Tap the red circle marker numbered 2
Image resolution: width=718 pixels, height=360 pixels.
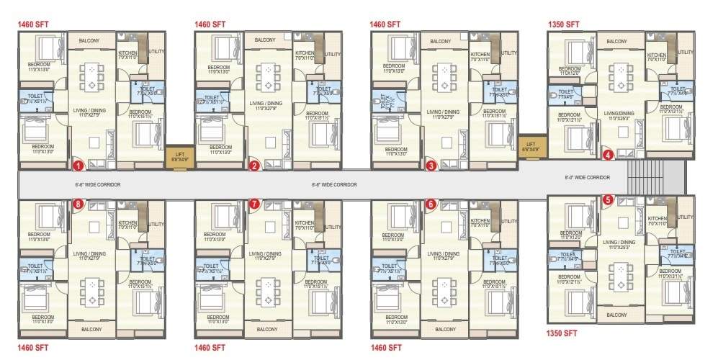[254, 166]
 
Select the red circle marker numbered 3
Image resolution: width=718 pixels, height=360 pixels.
[431, 166]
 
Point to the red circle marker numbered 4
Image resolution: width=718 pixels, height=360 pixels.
[608, 154]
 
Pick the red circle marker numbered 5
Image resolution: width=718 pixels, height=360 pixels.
[608, 200]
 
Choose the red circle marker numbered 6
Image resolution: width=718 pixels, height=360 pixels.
[431, 204]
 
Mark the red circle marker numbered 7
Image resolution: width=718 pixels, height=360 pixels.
[254, 204]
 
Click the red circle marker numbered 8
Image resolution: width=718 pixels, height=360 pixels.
[78, 204]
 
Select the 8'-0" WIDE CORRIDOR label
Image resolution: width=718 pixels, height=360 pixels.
[588, 177]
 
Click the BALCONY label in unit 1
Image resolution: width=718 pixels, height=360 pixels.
[89, 40]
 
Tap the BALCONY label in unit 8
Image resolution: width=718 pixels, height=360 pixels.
[91, 329]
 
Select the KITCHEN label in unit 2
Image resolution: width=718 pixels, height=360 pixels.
[304, 53]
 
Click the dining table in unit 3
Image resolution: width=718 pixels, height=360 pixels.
[444, 76]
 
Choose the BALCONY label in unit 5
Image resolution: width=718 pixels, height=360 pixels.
[616, 315]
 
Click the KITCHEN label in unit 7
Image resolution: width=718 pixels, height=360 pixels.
[305, 223]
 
